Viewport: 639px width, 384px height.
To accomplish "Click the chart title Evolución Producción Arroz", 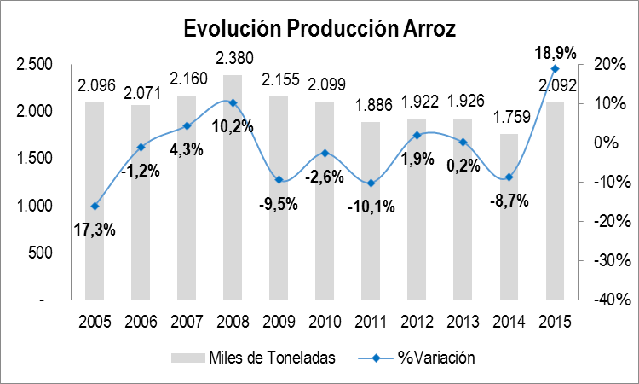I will click(319, 28).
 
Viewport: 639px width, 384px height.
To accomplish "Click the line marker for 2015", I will click(555, 68).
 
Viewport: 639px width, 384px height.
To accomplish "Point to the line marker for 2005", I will click(95, 207).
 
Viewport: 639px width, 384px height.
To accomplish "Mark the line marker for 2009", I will click(278, 179).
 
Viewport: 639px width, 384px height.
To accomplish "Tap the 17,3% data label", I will click(95, 229).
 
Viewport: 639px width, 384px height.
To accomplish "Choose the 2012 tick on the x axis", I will click(416, 323).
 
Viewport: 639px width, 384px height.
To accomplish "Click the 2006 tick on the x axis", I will click(140, 323).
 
